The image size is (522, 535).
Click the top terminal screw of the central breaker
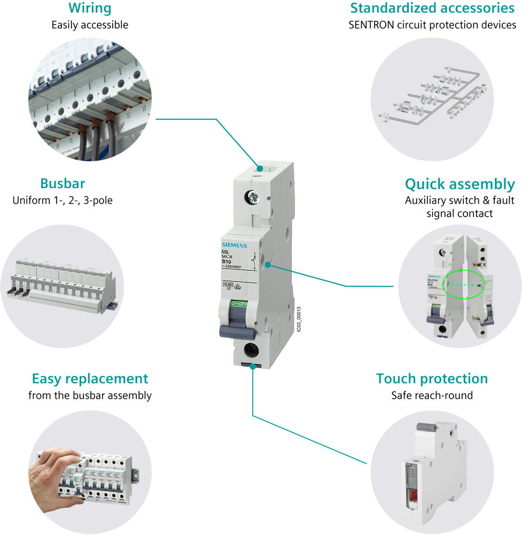pyautogui.click(x=253, y=197)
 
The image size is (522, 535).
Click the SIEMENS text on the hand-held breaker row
pyautogui.click(x=121, y=504)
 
